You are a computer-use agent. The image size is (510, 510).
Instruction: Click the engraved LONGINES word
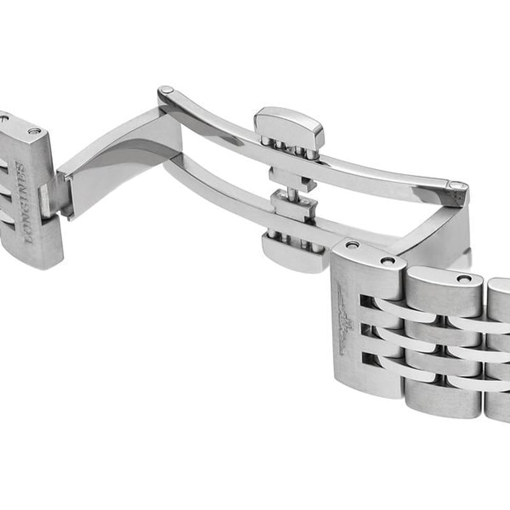[25, 202]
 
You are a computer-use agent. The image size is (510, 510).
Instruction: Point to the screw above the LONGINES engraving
[34, 131]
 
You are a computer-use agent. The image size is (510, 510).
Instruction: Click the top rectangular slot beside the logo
[366, 300]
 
